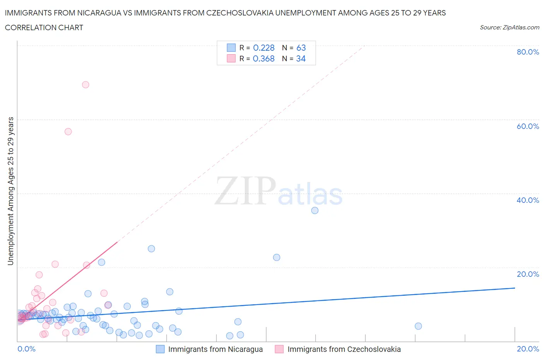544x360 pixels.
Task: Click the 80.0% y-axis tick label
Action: point(528,52)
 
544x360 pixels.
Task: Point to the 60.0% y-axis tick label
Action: point(528,126)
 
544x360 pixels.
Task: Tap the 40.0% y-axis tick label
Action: point(528,200)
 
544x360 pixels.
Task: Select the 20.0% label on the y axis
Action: point(528,274)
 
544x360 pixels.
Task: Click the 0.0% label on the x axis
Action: point(26,349)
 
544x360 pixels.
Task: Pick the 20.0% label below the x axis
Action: point(528,349)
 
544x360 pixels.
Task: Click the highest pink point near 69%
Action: point(86,85)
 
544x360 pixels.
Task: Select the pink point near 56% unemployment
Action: point(68,132)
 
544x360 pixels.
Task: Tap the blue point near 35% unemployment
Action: point(315,211)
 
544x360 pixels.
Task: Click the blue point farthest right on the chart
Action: point(418,326)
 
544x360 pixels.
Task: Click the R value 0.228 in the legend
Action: point(263,48)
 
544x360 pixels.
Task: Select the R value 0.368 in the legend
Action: point(263,58)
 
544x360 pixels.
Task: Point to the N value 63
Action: point(301,48)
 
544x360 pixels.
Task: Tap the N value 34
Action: point(301,58)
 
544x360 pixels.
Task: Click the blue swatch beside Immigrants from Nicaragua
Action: point(160,349)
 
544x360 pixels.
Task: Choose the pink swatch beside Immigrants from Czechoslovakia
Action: point(279,349)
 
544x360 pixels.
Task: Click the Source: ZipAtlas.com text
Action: point(509,27)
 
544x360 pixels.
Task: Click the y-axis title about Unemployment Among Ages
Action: point(10,191)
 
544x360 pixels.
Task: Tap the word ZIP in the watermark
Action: point(245,191)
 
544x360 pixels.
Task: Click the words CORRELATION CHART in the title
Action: point(44,27)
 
